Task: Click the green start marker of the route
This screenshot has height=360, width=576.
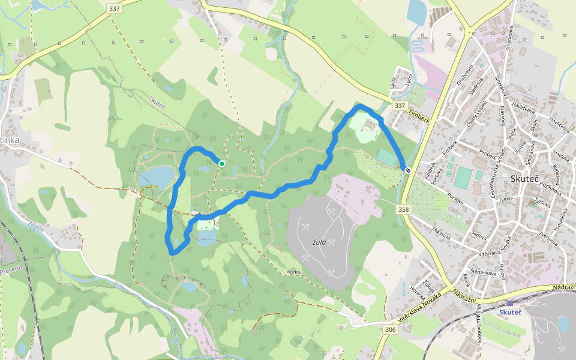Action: pos(222,163)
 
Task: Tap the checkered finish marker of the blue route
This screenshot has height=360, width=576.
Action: pos(407,170)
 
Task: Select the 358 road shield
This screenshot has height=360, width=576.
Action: pos(403,209)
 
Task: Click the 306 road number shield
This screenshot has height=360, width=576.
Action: pos(391,329)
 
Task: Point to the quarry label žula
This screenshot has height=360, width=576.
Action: pos(319,242)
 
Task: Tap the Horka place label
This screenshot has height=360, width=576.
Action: pos(293,272)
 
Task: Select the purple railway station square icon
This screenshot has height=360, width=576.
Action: pos(510,303)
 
